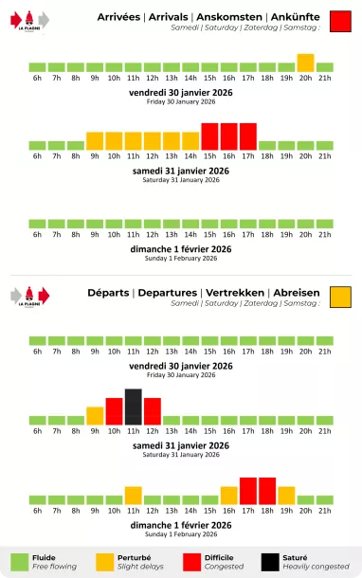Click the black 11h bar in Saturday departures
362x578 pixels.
134,406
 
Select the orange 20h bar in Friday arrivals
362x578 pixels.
305,63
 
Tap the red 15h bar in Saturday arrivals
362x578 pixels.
209,136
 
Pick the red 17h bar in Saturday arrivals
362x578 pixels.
248,136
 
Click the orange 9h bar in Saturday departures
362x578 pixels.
95,415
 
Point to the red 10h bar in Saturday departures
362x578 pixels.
115,411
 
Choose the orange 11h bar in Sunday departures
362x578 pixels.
134,495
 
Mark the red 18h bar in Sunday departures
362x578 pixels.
267,491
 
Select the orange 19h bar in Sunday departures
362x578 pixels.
286,495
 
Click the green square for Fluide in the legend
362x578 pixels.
20,562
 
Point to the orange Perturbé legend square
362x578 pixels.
102,562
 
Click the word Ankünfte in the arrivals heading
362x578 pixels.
295,17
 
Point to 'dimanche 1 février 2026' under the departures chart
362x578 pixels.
181,524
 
